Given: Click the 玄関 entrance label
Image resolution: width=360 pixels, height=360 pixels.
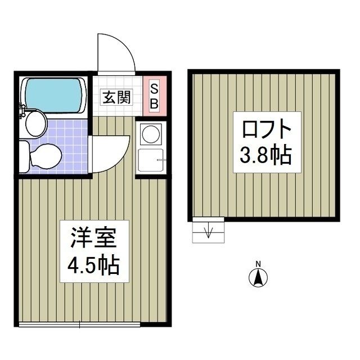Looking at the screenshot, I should [116, 97].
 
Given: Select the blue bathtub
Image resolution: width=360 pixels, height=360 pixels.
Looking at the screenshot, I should [55, 92].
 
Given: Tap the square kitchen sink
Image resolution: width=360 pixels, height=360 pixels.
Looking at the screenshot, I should [150, 162].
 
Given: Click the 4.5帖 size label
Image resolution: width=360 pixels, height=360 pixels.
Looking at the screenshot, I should [93, 264].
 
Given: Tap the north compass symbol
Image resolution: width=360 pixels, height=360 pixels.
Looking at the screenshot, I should [258, 277].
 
